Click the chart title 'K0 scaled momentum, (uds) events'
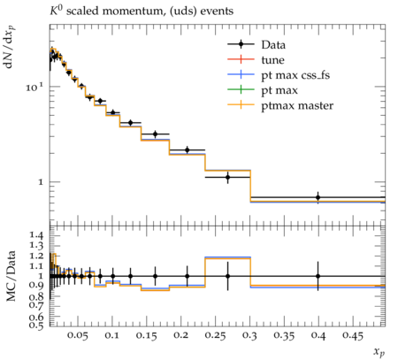coord(142,11)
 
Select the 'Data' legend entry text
coord(273,45)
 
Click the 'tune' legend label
coord(272,60)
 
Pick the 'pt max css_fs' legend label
coord(295,75)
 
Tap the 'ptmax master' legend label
coord(297,106)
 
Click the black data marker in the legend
coord(241,44)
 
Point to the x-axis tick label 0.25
coord(216,335)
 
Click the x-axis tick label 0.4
coord(318,335)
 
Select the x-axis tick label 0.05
coord(78,335)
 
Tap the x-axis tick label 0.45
coord(352,335)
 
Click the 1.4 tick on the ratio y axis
coord(36,235)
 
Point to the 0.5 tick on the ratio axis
coord(36,325)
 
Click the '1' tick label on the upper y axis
coord(41,182)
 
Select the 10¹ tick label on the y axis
coord(34,87)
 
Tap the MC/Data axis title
coord(11,276)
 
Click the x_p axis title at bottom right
coord(379,351)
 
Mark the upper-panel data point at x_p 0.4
coord(318,197)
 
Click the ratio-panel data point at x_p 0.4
coord(318,276)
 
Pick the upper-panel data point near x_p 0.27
coord(227,177)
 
